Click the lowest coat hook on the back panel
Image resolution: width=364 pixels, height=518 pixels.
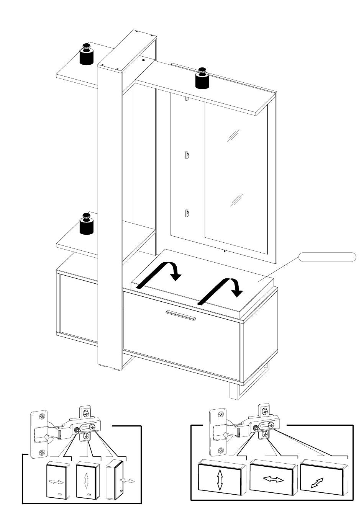pos(186,212)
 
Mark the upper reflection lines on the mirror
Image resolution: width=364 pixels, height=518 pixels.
pos(233,136)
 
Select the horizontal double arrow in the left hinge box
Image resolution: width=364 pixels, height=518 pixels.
pos(56,482)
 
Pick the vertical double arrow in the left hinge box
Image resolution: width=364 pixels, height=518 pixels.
pos(86,480)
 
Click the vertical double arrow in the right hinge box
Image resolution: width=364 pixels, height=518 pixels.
pos(220,480)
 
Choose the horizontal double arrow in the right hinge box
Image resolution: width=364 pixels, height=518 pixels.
pos(273,479)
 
